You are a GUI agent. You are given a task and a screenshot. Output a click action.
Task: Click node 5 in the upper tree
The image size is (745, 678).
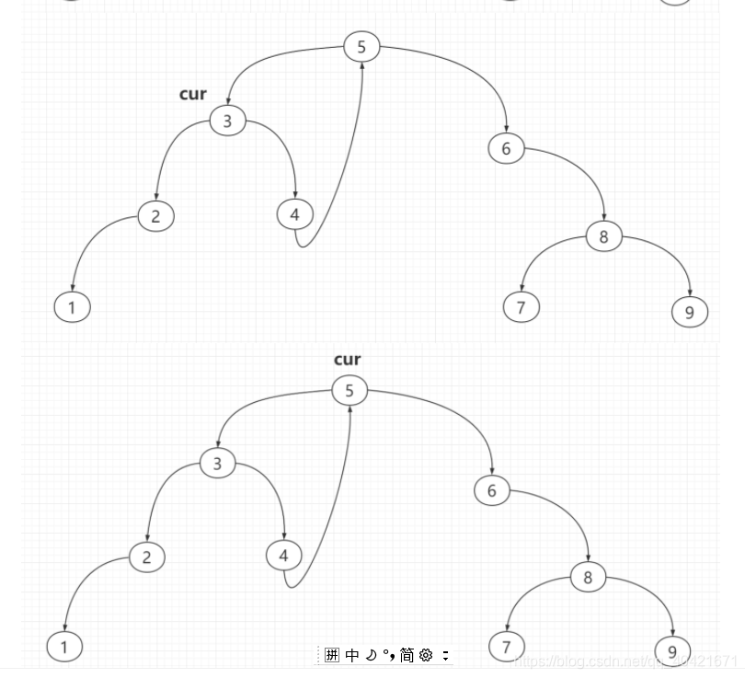361,47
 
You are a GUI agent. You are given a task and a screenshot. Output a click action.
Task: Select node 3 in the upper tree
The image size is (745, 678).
227,121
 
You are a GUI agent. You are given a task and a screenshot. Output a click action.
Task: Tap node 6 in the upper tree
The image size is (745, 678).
506,148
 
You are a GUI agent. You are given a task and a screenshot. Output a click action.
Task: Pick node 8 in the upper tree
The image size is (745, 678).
603,236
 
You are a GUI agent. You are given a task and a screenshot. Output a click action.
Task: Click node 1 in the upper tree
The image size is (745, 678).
72,306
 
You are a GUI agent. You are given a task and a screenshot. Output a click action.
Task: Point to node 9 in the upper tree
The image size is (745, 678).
689,312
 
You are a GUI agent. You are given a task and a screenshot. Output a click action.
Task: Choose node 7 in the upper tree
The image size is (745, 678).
521,306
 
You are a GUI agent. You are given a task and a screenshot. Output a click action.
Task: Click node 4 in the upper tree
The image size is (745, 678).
294,214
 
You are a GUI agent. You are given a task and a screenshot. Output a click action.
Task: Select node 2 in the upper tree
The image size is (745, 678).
155,216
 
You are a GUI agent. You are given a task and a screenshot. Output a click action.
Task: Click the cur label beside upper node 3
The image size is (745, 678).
193,94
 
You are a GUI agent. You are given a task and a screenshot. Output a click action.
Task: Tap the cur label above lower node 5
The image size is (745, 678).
347,360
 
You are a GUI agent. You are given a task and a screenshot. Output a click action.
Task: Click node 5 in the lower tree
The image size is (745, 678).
349,390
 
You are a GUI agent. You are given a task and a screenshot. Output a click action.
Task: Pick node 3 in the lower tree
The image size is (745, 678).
217,463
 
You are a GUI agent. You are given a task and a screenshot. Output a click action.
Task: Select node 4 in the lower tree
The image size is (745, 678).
283,555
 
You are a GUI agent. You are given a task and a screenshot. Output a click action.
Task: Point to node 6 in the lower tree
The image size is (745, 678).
491,490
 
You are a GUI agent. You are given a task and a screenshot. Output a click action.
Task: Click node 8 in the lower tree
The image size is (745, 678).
588,577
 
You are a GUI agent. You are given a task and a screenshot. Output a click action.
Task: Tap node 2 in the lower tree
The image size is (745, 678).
146,557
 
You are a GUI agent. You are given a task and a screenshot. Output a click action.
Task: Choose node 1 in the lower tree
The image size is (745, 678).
64,647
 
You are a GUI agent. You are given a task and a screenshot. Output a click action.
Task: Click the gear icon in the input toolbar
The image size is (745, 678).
426,655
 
